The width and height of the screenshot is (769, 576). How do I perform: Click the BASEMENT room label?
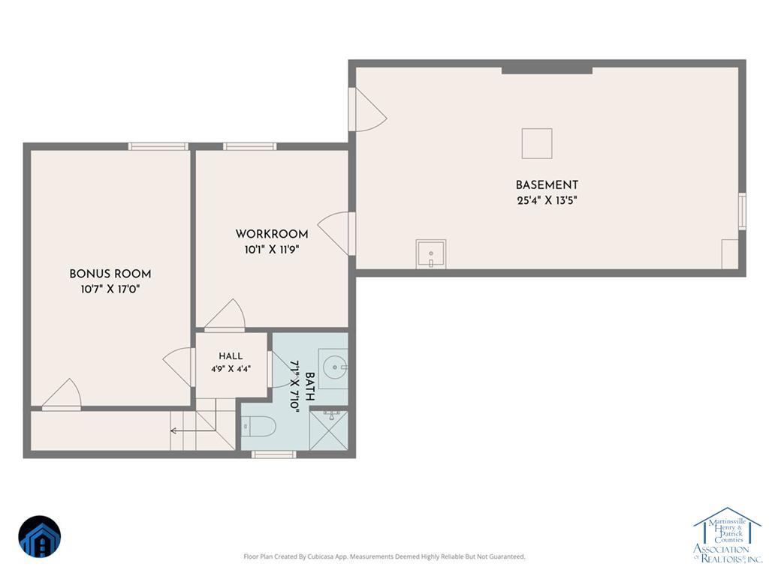547,185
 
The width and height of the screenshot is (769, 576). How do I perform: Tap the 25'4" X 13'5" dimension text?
547,200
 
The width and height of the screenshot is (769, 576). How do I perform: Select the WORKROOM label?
272,234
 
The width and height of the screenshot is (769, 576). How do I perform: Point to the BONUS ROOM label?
110,274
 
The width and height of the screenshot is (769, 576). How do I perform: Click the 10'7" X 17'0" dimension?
110,289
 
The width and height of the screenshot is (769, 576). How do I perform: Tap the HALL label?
231,356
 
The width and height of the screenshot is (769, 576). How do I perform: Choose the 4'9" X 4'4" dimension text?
231,369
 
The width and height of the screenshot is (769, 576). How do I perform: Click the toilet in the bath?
259,426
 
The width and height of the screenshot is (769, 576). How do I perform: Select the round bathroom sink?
336,366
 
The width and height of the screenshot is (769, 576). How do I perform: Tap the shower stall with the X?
329,430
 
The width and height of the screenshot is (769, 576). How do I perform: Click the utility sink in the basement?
431,253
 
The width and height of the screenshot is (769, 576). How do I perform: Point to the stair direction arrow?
193,431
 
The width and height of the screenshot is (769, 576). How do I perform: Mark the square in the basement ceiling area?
537,143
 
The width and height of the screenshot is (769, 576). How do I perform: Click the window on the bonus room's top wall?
158,146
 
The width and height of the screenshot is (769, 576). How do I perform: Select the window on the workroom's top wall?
249,146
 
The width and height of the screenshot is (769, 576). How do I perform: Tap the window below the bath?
273,454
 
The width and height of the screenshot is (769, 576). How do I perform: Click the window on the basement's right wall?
742,211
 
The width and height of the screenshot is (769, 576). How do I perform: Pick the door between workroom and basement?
336,234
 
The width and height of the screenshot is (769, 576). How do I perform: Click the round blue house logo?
40,537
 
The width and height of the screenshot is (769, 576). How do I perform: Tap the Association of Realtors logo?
728,535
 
